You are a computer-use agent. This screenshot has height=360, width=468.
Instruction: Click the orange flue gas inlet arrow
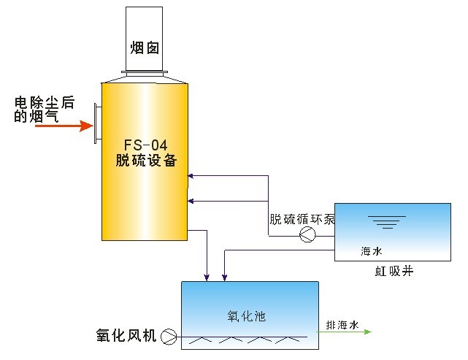65,126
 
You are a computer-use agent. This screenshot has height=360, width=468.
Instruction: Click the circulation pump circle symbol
307,234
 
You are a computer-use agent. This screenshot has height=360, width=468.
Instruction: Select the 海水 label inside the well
372,250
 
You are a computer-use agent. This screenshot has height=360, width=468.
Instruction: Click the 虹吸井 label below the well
391,272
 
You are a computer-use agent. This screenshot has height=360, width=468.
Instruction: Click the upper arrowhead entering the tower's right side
191,175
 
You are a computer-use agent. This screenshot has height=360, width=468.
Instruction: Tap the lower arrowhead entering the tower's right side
191,200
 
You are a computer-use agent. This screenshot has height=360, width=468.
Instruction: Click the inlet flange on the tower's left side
97,124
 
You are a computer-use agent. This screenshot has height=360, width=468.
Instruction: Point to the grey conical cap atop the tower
145,77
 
